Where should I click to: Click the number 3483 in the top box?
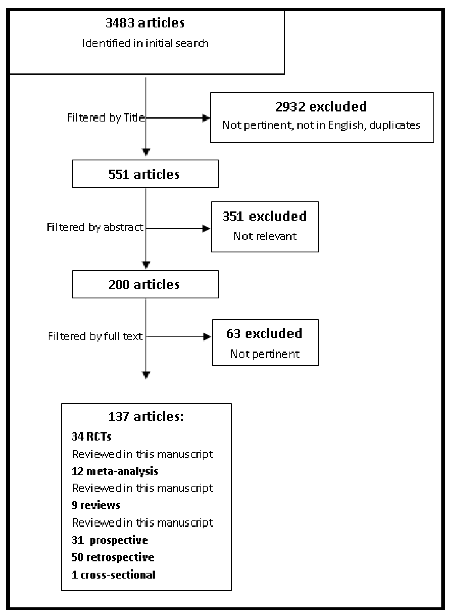coord(120,23)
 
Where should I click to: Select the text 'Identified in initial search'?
coord(145,43)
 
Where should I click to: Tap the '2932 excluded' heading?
coord(321,107)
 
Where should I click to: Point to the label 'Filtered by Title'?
coord(106,118)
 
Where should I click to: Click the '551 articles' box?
coord(145,174)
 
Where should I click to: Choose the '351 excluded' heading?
coord(264,216)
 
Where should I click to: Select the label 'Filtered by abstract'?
coord(95,227)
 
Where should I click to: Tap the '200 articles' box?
coord(145,284)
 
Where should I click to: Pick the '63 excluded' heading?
coord(264,334)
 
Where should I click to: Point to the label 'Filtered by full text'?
coord(95,337)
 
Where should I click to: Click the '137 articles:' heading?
coord(146,417)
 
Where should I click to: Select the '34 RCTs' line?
coord(91,437)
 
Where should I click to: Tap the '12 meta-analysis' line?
coord(115,471)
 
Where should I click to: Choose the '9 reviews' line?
coord(96,505)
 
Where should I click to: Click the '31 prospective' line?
coord(110,540)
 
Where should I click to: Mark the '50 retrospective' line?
coord(113,557)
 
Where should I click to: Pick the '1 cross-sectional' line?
coord(113,575)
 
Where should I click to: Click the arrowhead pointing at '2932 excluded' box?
coord(206,118)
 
